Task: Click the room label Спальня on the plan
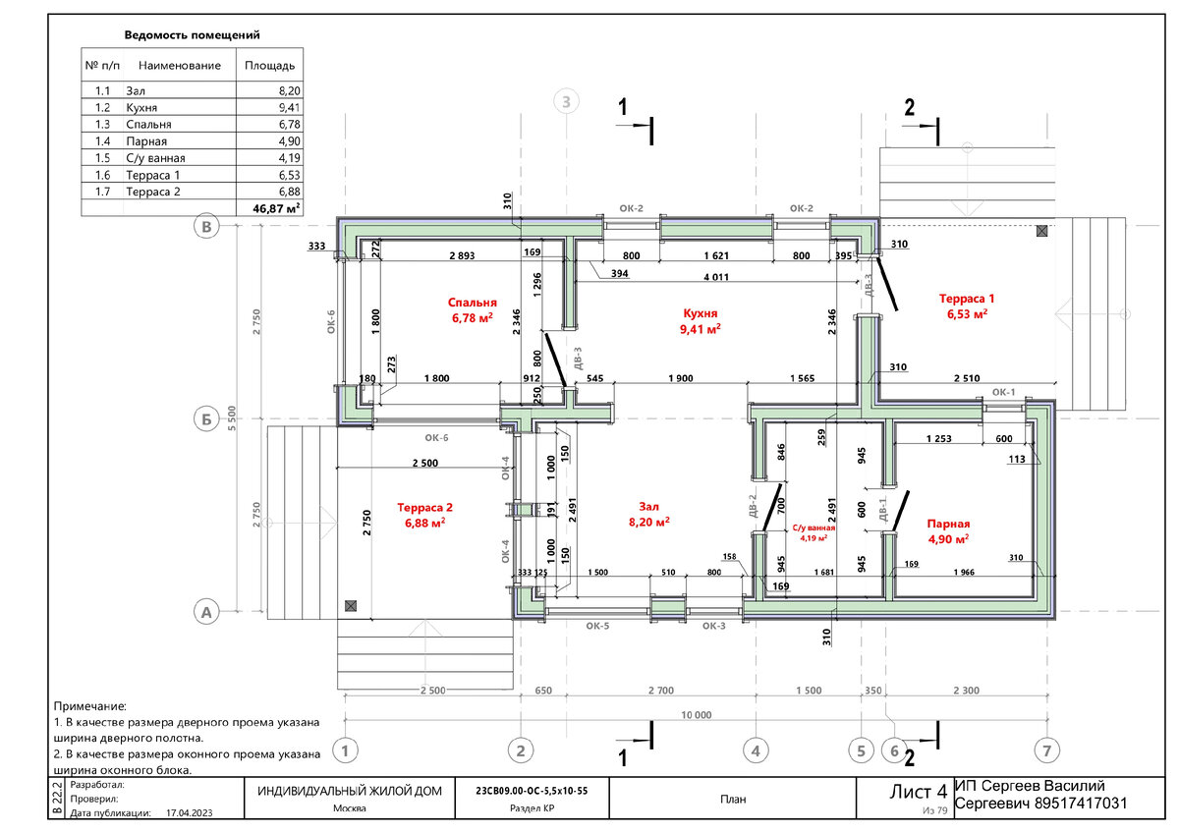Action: [x=473, y=303]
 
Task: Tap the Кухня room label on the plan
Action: [x=700, y=313]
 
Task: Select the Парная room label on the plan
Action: [x=948, y=525]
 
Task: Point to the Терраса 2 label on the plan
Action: [x=424, y=508]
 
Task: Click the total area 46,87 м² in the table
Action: [x=276, y=208]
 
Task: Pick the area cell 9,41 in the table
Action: [x=290, y=108]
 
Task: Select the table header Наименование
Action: [x=180, y=66]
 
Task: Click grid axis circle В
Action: [x=206, y=227]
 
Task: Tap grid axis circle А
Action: [x=206, y=612]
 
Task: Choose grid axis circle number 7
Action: [x=1047, y=750]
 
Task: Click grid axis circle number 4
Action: [x=756, y=750]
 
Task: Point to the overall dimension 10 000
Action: [x=696, y=714]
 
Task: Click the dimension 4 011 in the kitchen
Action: [x=716, y=277]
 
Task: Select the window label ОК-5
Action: [x=597, y=626]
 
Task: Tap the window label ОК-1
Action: [x=1003, y=393]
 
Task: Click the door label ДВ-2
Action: [x=753, y=506]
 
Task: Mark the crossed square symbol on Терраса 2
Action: [x=351, y=606]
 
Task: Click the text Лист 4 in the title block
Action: [x=918, y=792]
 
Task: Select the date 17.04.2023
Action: [x=190, y=813]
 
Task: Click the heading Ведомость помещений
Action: [x=193, y=35]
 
